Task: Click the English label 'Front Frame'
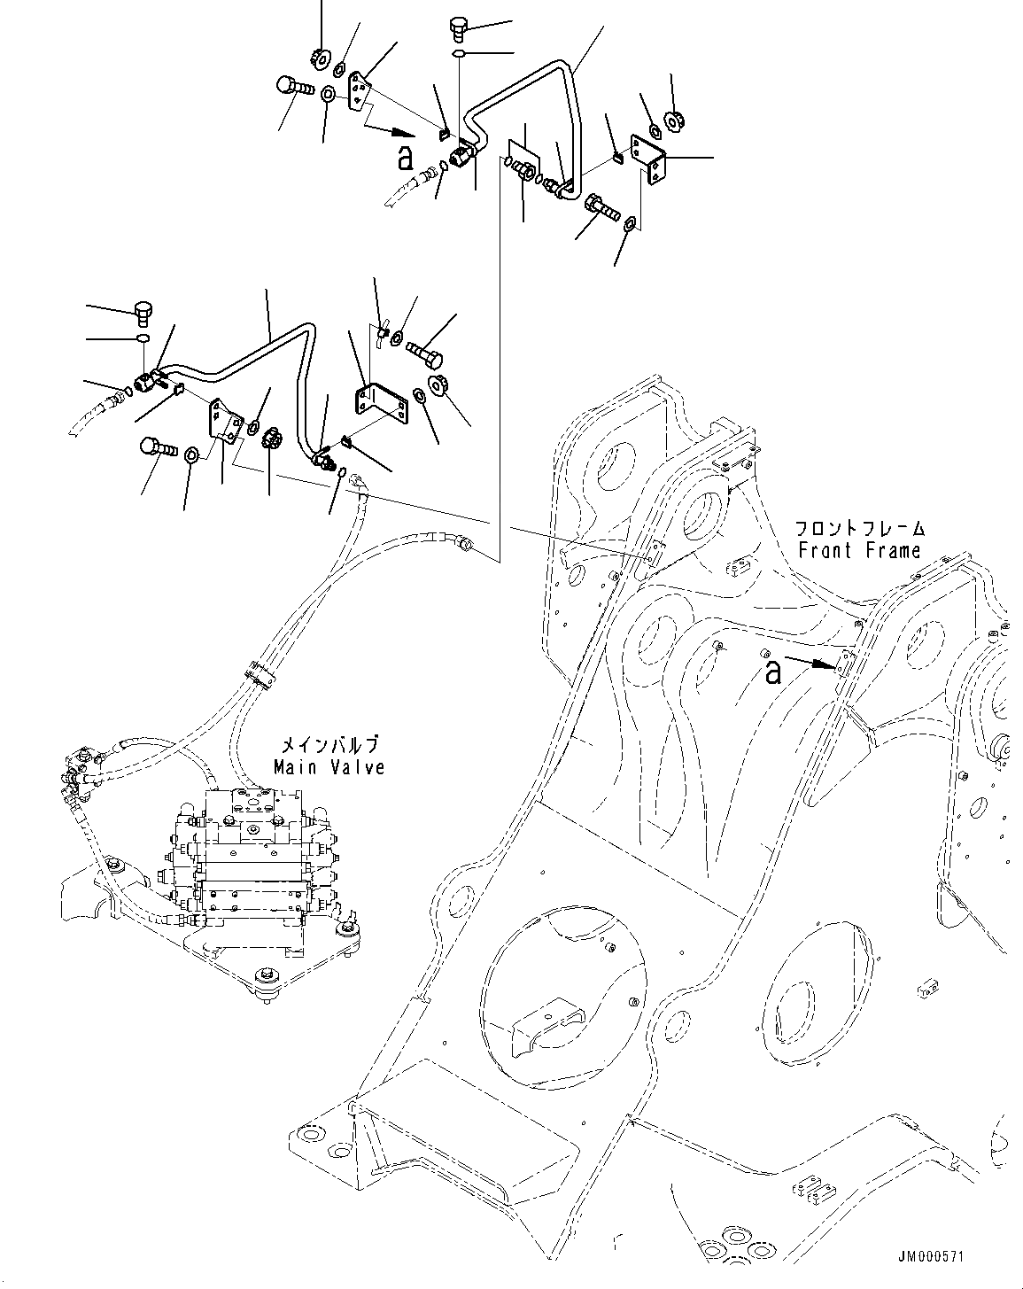859,550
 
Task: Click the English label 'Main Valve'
329,766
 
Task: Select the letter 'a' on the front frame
773,672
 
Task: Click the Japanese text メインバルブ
329,745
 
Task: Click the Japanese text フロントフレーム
860,529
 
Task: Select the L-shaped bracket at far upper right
648,159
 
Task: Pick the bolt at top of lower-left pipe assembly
144,310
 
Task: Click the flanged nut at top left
320,58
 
